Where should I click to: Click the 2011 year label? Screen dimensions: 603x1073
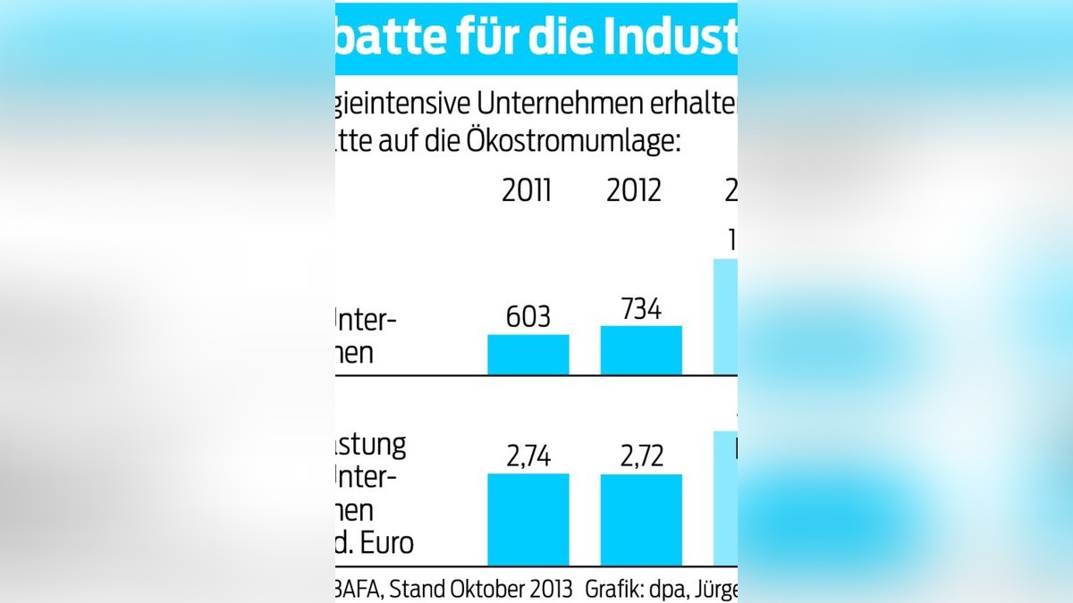click(x=528, y=191)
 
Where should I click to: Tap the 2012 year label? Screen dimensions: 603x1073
click(x=634, y=191)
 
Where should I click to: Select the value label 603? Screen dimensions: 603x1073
click(x=528, y=318)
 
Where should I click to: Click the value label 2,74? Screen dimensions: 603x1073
click(x=528, y=456)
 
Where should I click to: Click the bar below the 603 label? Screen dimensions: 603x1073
click(x=528, y=355)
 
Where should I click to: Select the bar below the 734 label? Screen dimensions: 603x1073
click(x=640, y=350)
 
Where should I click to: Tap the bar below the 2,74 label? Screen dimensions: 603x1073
click(x=528, y=519)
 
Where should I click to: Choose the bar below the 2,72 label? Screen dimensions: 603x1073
click(x=640, y=519)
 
